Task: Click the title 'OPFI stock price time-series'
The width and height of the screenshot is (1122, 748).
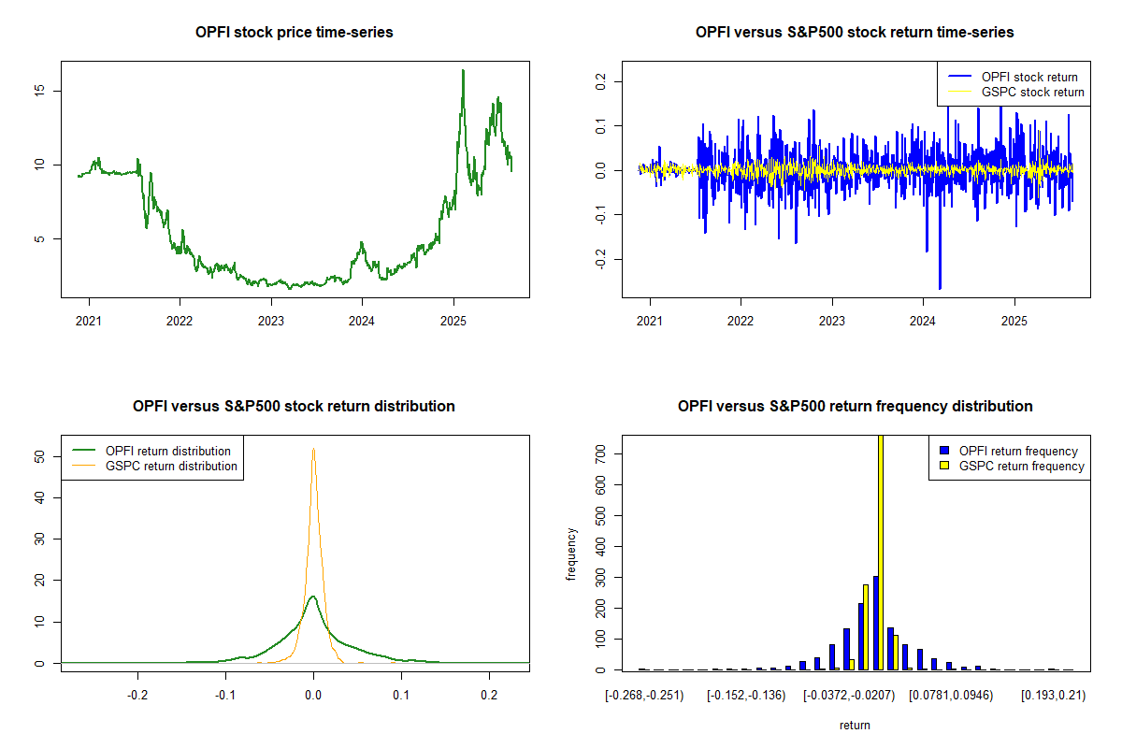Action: coord(294,33)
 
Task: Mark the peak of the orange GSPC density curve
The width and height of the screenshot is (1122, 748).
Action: coord(313,449)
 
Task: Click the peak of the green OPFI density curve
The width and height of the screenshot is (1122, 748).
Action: coord(313,597)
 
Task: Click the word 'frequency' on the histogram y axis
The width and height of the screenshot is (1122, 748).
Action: coord(571,554)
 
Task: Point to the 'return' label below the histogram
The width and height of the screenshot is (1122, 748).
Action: coord(855,725)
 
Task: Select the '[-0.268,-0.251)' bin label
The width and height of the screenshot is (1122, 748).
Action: coord(644,696)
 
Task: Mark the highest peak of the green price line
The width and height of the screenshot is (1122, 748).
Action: coord(462,70)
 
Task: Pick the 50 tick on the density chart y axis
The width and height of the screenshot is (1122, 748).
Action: coord(43,456)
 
